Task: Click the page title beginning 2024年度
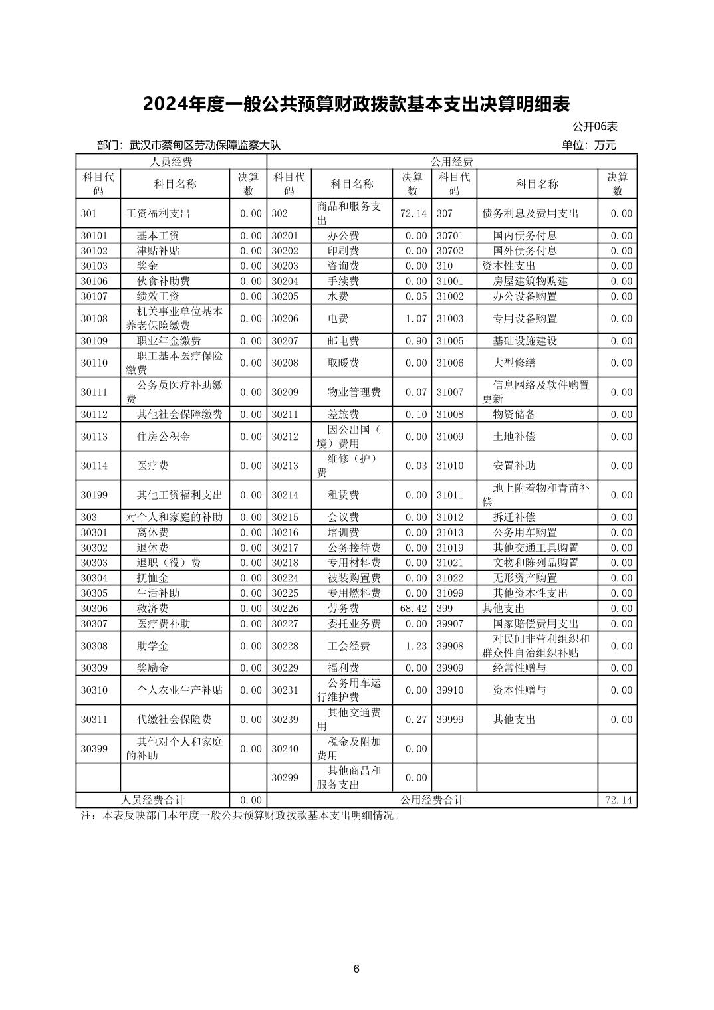356,104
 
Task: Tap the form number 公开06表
594,126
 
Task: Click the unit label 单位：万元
588,145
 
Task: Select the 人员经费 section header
171,162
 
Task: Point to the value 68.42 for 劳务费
412,609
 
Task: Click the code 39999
450,720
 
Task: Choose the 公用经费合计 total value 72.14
618,801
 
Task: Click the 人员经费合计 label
153,801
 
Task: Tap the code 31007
450,393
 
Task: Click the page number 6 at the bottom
356,969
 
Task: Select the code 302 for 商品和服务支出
279,214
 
